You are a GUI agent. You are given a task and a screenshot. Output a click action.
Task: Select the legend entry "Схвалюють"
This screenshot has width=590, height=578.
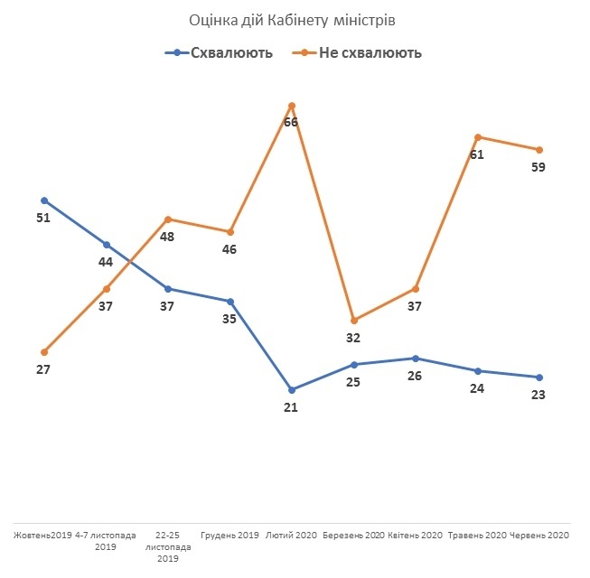pyautogui.click(x=231, y=53)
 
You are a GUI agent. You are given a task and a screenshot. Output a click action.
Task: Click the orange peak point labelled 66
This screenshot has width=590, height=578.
pyautogui.click(x=292, y=106)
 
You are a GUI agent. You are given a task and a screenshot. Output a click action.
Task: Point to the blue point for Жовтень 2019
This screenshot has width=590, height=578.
pyautogui.click(x=44, y=200)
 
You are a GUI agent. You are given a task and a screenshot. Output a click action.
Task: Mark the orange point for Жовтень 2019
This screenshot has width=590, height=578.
pyautogui.click(x=44, y=351)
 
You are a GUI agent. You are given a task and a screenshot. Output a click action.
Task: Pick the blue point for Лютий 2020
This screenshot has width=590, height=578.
pyautogui.click(x=292, y=389)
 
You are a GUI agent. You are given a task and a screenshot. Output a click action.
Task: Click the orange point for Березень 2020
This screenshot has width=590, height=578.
pyautogui.click(x=353, y=321)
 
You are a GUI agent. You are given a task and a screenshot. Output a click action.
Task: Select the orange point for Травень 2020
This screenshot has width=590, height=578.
pyautogui.click(x=477, y=137)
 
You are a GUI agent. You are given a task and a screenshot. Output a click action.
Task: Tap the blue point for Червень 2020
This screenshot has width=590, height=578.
pyautogui.click(x=539, y=377)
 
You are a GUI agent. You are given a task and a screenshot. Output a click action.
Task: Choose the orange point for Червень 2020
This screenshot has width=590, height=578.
pyautogui.click(x=539, y=150)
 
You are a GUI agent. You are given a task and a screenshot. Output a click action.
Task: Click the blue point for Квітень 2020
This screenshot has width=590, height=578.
pyautogui.click(x=416, y=359)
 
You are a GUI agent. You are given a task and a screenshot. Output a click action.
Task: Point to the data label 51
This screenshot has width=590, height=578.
pyautogui.click(x=42, y=218)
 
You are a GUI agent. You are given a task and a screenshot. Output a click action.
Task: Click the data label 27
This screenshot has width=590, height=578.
pyautogui.click(x=42, y=369)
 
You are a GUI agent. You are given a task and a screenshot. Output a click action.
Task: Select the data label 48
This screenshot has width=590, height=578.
pyautogui.click(x=167, y=237)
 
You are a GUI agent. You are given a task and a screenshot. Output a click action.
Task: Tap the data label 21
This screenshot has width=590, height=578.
pyautogui.click(x=291, y=407)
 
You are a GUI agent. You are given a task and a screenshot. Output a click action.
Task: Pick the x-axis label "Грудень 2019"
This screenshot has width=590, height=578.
pyautogui.click(x=229, y=536)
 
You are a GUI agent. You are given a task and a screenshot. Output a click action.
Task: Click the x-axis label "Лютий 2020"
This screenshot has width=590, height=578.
pyautogui.click(x=291, y=536)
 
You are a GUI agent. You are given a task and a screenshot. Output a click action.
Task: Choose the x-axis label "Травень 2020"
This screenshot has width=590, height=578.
pyautogui.click(x=477, y=536)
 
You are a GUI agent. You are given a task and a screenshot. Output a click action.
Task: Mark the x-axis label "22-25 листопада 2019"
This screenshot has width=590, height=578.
pyautogui.click(x=168, y=546)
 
